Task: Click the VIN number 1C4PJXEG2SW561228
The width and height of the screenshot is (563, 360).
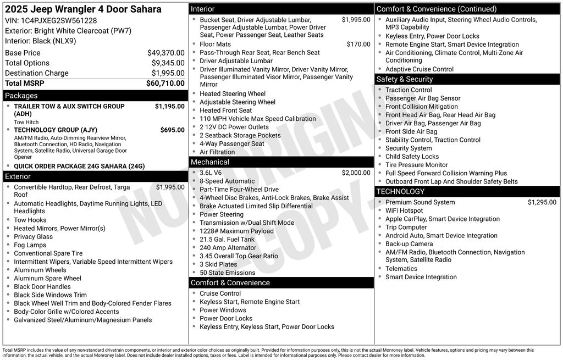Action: point(59,20)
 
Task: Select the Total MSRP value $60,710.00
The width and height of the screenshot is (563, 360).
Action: point(165,84)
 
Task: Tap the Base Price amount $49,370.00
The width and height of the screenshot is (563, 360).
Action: point(165,53)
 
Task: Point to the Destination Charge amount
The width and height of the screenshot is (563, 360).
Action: point(168,73)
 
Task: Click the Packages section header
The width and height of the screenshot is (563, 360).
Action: point(21,96)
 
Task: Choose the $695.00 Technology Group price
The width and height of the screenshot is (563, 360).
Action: point(172,130)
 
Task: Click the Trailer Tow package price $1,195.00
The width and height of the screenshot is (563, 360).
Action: point(169,107)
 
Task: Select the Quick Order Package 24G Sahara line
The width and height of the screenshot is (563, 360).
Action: point(79,166)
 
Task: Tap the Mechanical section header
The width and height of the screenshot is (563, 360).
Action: point(210,162)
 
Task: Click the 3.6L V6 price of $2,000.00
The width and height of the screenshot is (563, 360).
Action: point(356,173)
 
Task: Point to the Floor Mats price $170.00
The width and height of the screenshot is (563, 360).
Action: point(358,45)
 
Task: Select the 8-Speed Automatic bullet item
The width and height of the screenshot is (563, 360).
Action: point(227,181)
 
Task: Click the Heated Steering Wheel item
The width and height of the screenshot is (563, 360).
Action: point(233,94)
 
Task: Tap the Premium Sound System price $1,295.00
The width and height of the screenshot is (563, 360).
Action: point(542,202)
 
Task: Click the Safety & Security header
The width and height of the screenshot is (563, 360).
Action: point(405,79)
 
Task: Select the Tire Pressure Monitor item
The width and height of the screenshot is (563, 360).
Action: point(416,165)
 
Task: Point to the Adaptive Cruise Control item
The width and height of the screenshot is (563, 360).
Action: point(420,69)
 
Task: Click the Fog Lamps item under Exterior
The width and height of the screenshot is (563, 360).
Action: point(30,245)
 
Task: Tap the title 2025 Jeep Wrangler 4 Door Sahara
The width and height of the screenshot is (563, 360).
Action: point(83,9)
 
